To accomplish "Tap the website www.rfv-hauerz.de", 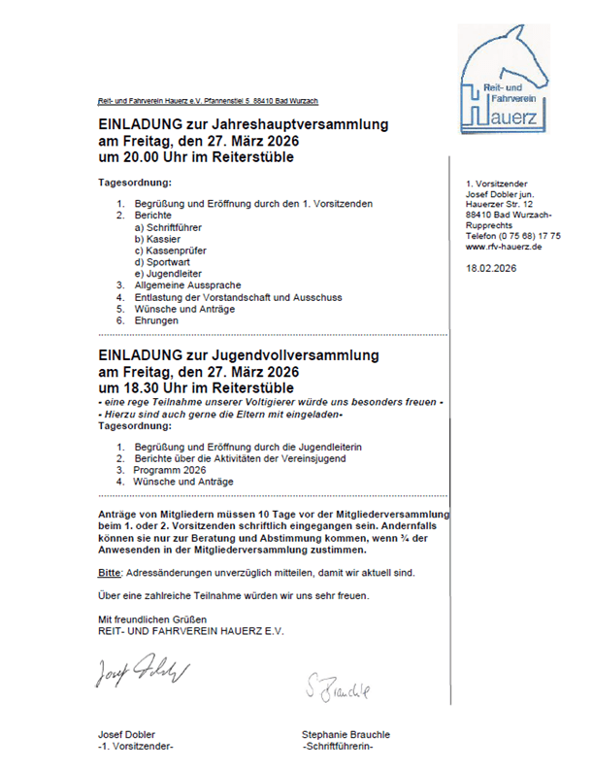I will pos(504,247).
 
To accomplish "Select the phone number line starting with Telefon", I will pos(512,236).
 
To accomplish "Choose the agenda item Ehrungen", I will pos(156,319).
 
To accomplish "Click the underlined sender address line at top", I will pos(208,101).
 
